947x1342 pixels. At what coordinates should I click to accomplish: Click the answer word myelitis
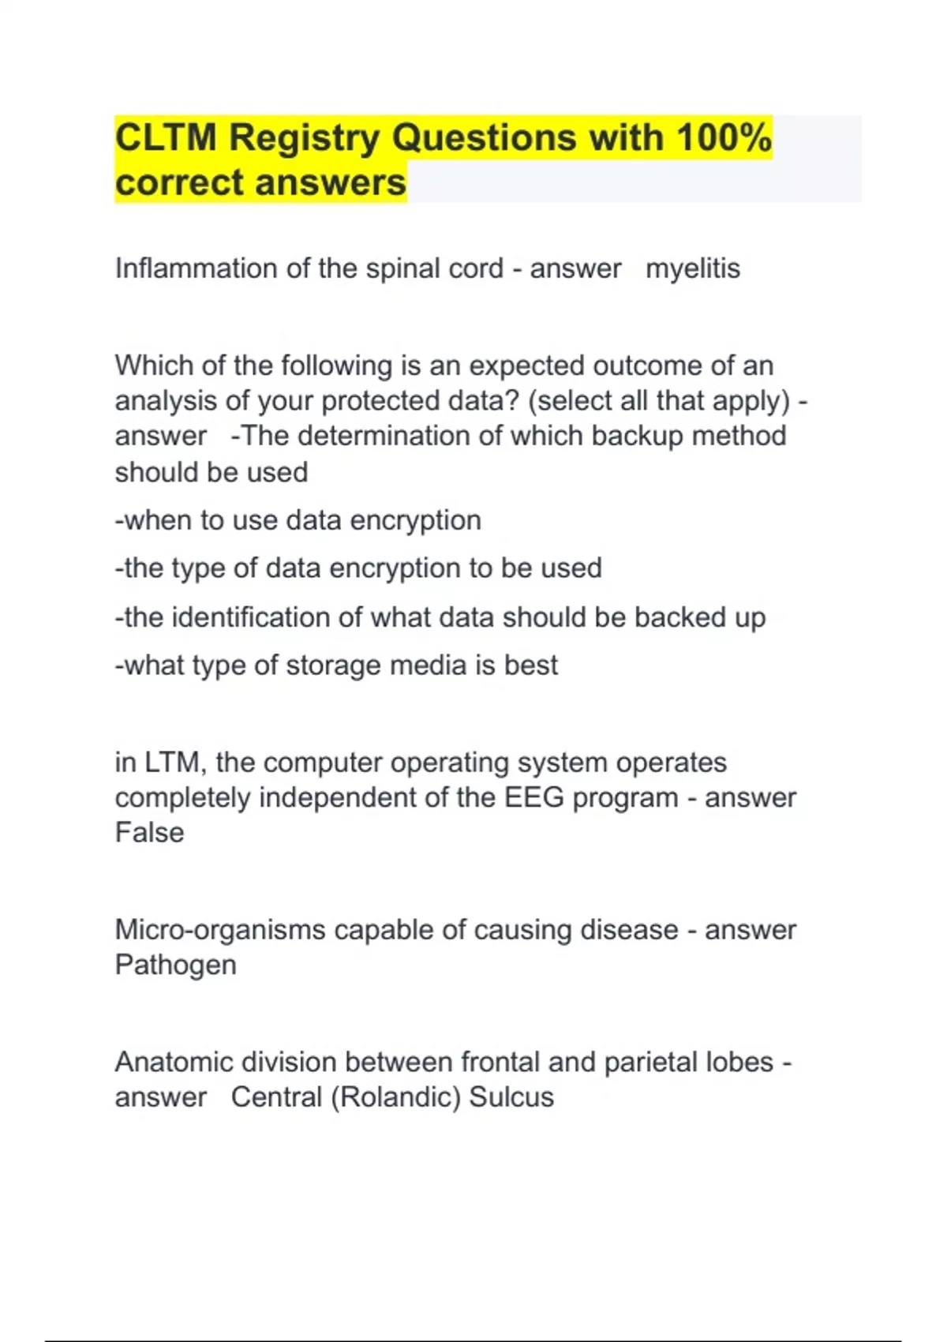(693, 269)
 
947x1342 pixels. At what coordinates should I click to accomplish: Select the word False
(149, 833)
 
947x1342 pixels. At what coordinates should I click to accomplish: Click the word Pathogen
(175, 965)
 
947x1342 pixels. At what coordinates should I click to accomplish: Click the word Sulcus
(511, 1098)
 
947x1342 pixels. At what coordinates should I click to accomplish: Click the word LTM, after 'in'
(175, 763)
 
